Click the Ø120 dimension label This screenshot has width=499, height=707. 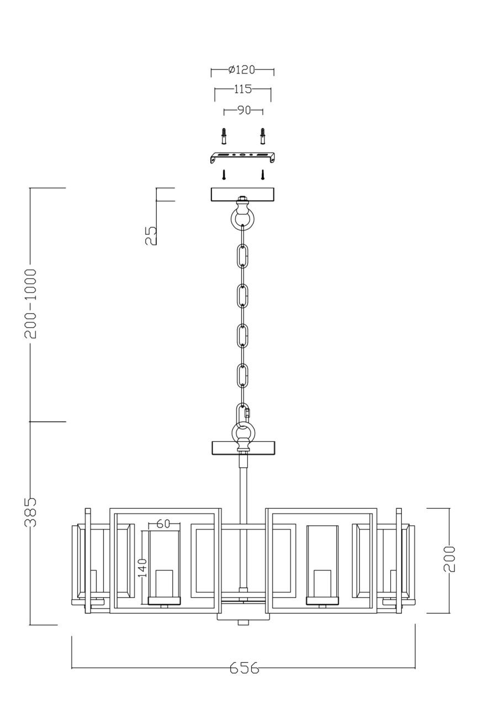tap(242, 70)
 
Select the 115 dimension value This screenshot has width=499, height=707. tap(242, 88)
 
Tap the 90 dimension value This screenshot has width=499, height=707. tap(243, 110)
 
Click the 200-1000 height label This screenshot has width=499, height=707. tap(31, 304)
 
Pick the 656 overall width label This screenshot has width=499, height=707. tap(244, 668)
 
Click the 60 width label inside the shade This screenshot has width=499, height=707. tap(163, 524)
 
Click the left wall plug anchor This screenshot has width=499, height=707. tap(223, 135)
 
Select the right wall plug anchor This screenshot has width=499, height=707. tap(263, 135)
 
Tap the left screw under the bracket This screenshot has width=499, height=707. tap(224, 175)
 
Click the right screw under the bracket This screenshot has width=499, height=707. tap(263, 175)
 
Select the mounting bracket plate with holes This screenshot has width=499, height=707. tap(242, 156)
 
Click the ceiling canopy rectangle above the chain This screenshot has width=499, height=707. tap(242, 195)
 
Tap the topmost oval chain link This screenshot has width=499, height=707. tap(242, 257)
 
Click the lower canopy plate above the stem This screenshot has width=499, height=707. tap(243, 447)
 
